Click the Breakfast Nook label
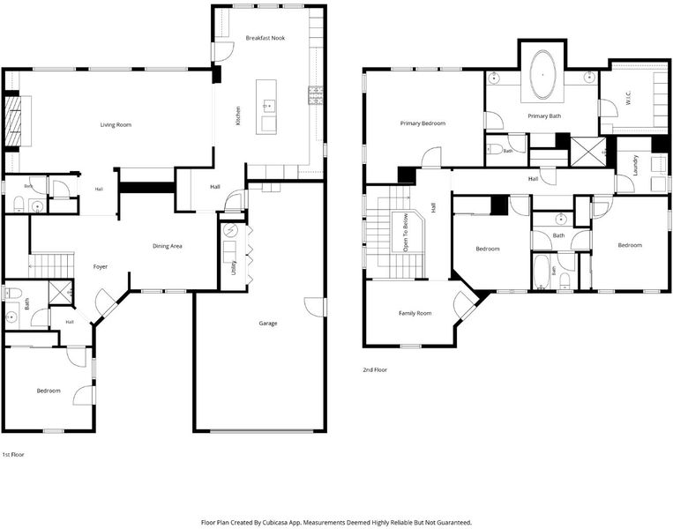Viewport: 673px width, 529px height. pyautogui.click(x=265, y=38)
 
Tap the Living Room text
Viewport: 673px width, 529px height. pyautogui.click(x=116, y=125)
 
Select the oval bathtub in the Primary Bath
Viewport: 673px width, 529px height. pyautogui.click(x=543, y=75)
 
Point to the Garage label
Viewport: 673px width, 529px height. pyautogui.click(x=268, y=323)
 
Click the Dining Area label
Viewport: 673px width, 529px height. pyautogui.click(x=168, y=246)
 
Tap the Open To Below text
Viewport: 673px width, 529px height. pyautogui.click(x=406, y=233)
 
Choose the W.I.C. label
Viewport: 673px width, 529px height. pyautogui.click(x=628, y=98)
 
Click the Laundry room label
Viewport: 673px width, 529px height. pyautogui.click(x=636, y=165)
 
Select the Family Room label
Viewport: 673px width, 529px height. pyautogui.click(x=415, y=313)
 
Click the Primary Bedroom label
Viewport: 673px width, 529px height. pyautogui.click(x=422, y=123)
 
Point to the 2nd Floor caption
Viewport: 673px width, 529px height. pyautogui.click(x=375, y=369)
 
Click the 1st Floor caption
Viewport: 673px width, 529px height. pyautogui.click(x=13, y=454)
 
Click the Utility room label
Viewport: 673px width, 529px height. pyautogui.click(x=234, y=267)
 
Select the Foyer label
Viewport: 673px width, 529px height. pyautogui.click(x=101, y=266)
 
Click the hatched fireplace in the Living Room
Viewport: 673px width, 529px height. pyautogui.click(x=12, y=122)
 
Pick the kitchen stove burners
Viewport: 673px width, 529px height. pyautogui.click(x=316, y=95)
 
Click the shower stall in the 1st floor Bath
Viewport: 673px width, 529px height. pyautogui.click(x=60, y=292)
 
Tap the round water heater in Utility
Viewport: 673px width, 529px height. pyautogui.click(x=230, y=230)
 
